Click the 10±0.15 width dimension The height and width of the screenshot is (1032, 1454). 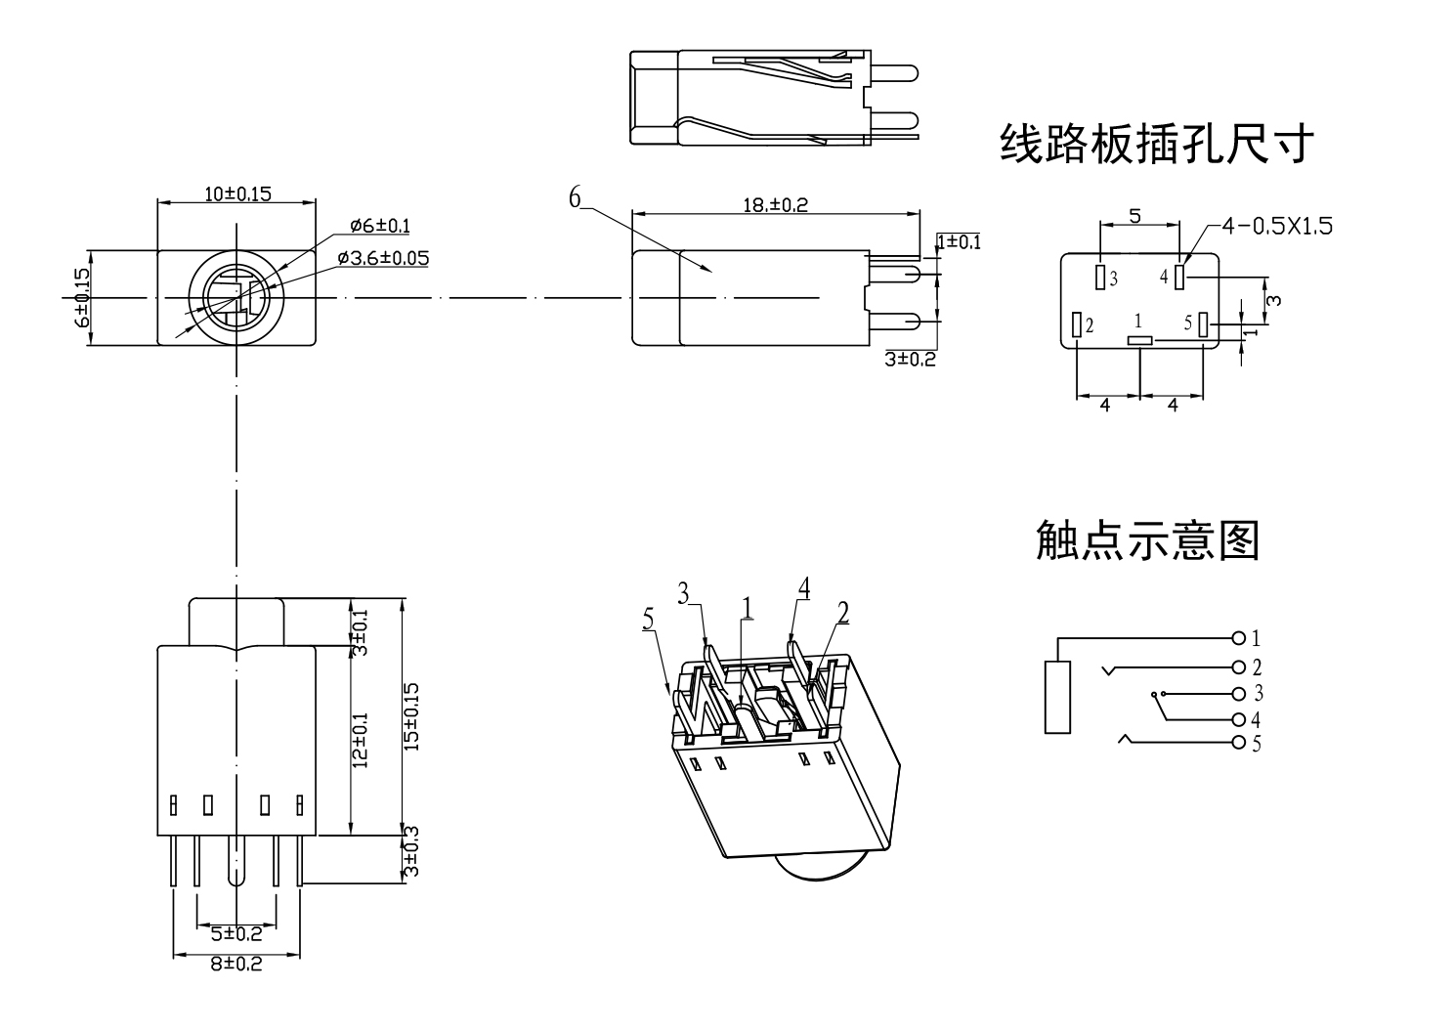(237, 193)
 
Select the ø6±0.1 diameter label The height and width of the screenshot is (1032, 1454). (380, 227)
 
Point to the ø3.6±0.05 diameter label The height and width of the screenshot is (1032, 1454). (383, 258)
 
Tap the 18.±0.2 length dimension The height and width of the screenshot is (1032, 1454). (776, 204)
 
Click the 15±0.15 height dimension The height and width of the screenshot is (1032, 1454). (411, 717)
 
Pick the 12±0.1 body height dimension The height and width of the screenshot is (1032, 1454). (361, 740)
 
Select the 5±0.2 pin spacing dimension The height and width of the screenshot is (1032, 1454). (236, 933)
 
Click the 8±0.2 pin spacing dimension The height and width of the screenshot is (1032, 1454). (236, 964)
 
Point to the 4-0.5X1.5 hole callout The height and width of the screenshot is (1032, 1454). (1277, 227)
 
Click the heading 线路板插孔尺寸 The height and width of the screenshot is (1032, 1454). (1156, 144)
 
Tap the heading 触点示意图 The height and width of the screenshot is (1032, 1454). (1147, 540)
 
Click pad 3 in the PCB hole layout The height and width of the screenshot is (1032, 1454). (1100, 278)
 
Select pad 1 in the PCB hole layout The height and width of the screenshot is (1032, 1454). (1140, 340)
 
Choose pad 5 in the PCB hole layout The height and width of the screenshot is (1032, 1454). (1204, 323)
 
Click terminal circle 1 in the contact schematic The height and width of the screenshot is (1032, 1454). (1239, 639)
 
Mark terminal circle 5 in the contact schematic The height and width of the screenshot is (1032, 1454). (1239, 744)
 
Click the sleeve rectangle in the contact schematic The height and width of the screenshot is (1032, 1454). (1057, 697)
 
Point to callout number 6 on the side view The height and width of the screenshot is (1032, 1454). (576, 197)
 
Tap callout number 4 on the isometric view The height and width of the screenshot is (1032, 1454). (803, 588)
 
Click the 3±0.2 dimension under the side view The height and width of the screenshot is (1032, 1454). (910, 360)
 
